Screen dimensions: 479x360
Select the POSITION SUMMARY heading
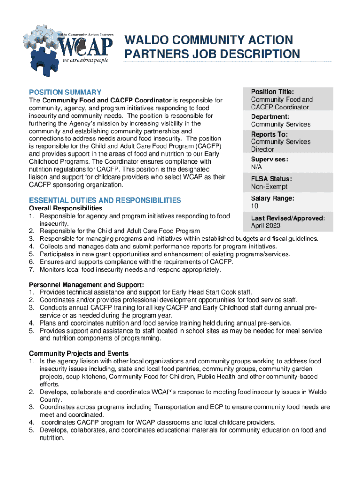[65, 92]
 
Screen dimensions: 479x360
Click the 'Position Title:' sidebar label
[272, 92]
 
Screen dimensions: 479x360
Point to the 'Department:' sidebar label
[270, 116]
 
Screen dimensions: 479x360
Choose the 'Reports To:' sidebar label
[269, 134]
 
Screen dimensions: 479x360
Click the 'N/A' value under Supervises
[256, 167]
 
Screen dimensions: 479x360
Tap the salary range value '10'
[254, 206]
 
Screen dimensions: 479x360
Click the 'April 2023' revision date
[266, 225]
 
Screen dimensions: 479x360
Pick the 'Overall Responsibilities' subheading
[65, 208]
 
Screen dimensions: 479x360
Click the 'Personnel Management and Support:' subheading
[86, 285]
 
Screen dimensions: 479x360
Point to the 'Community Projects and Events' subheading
[79, 353]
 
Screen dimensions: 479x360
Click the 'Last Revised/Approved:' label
[288, 218]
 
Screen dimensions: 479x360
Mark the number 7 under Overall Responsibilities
[31, 270]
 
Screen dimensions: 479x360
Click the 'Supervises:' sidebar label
[269, 159]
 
